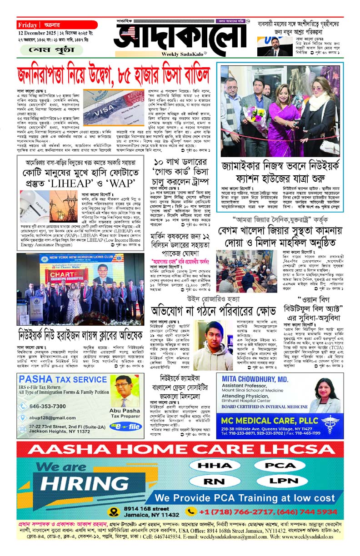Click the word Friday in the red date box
click(28, 25)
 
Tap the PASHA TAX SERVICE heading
click(56, 379)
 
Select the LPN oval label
click(283, 481)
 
